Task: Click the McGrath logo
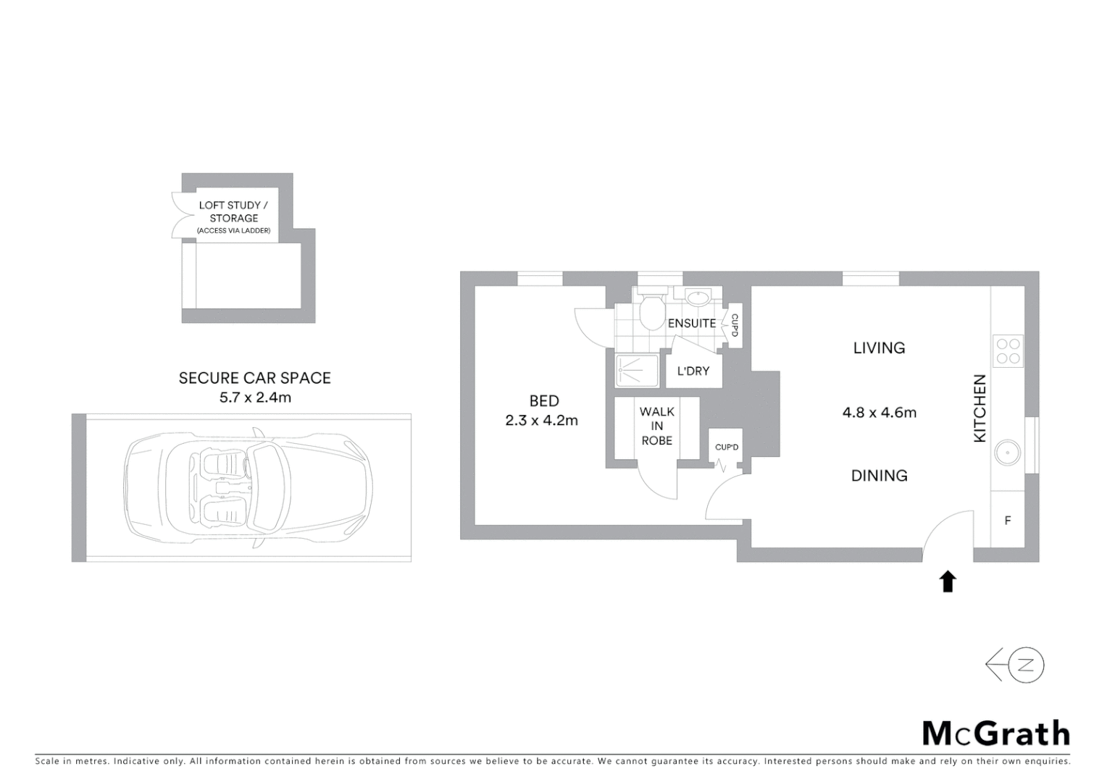pyautogui.click(x=995, y=733)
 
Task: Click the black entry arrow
pyautogui.click(x=948, y=581)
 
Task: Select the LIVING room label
pyautogui.click(x=879, y=348)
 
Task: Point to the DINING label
pyautogui.click(x=879, y=476)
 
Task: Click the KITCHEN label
pyautogui.click(x=979, y=408)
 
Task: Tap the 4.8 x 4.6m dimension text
pyautogui.click(x=879, y=413)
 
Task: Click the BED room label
pyautogui.click(x=544, y=401)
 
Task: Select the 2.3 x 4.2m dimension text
pyautogui.click(x=542, y=420)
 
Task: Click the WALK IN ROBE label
pyautogui.click(x=656, y=426)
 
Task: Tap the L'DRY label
pyautogui.click(x=693, y=371)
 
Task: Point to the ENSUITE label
pyautogui.click(x=692, y=324)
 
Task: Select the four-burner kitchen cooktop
pyautogui.click(x=1007, y=351)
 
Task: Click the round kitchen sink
pyautogui.click(x=1007, y=453)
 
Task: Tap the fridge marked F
pyautogui.click(x=1007, y=520)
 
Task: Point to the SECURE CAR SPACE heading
pyautogui.click(x=255, y=378)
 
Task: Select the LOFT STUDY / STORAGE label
pyautogui.click(x=233, y=212)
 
